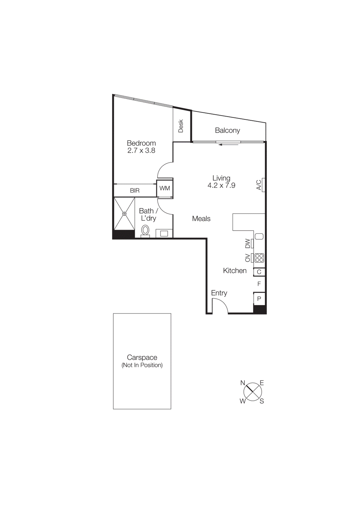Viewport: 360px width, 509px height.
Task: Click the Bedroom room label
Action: (x=141, y=143)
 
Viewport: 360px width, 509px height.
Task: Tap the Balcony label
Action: (x=227, y=130)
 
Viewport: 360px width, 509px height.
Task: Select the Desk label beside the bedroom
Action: (x=181, y=126)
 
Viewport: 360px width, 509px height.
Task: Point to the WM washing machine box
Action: (x=165, y=188)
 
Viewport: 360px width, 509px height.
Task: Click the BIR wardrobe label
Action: (x=135, y=191)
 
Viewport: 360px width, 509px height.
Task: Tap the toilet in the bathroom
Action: (x=145, y=230)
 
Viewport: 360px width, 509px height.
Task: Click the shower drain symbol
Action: (x=124, y=214)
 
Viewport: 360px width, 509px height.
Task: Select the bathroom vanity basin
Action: (x=164, y=234)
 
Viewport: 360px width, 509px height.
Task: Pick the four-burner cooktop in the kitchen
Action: (x=259, y=258)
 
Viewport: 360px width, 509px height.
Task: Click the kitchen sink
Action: (x=259, y=236)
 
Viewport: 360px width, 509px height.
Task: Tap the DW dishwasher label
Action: (x=248, y=243)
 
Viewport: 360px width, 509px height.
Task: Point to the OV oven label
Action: (x=248, y=258)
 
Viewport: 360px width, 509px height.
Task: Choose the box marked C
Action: (x=259, y=272)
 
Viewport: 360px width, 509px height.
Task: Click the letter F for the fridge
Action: (x=259, y=284)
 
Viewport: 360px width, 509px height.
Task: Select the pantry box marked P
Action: (x=259, y=299)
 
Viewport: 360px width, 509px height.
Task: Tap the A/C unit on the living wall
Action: (x=264, y=185)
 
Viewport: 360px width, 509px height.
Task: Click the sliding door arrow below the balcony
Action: (x=228, y=145)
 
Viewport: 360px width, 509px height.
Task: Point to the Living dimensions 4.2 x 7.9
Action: (x=221, y=185)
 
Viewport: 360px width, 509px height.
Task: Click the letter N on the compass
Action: (x=243, y=383)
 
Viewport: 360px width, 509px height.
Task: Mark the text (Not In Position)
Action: (x=142, y=365)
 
